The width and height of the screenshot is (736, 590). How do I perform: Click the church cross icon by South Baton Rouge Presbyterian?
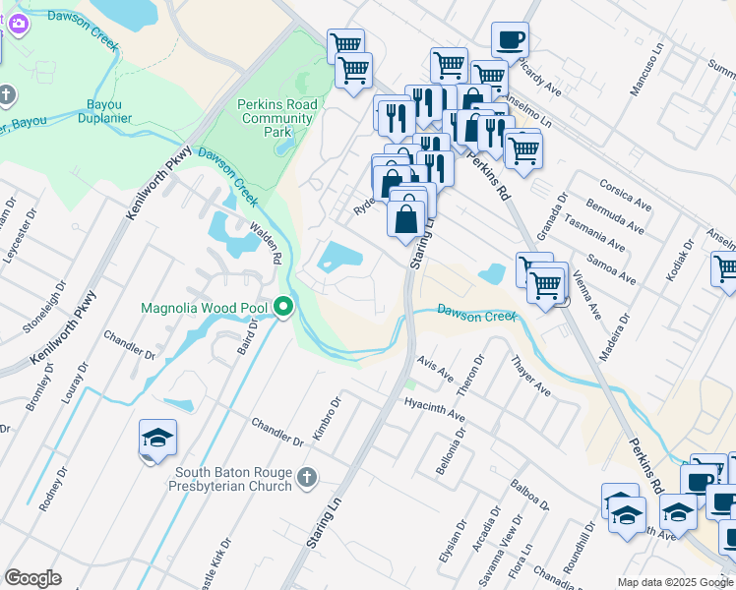coord(307,478)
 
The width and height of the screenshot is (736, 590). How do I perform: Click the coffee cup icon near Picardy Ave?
coord(510,40)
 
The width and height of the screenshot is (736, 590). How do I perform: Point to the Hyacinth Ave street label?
coord(433,411)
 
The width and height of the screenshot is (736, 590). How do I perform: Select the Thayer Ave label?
coord(531,376)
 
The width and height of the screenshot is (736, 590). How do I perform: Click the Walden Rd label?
coord(267,242)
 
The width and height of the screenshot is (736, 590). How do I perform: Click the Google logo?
coord(32,578)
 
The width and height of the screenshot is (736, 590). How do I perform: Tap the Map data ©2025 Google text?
coord(674,582)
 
